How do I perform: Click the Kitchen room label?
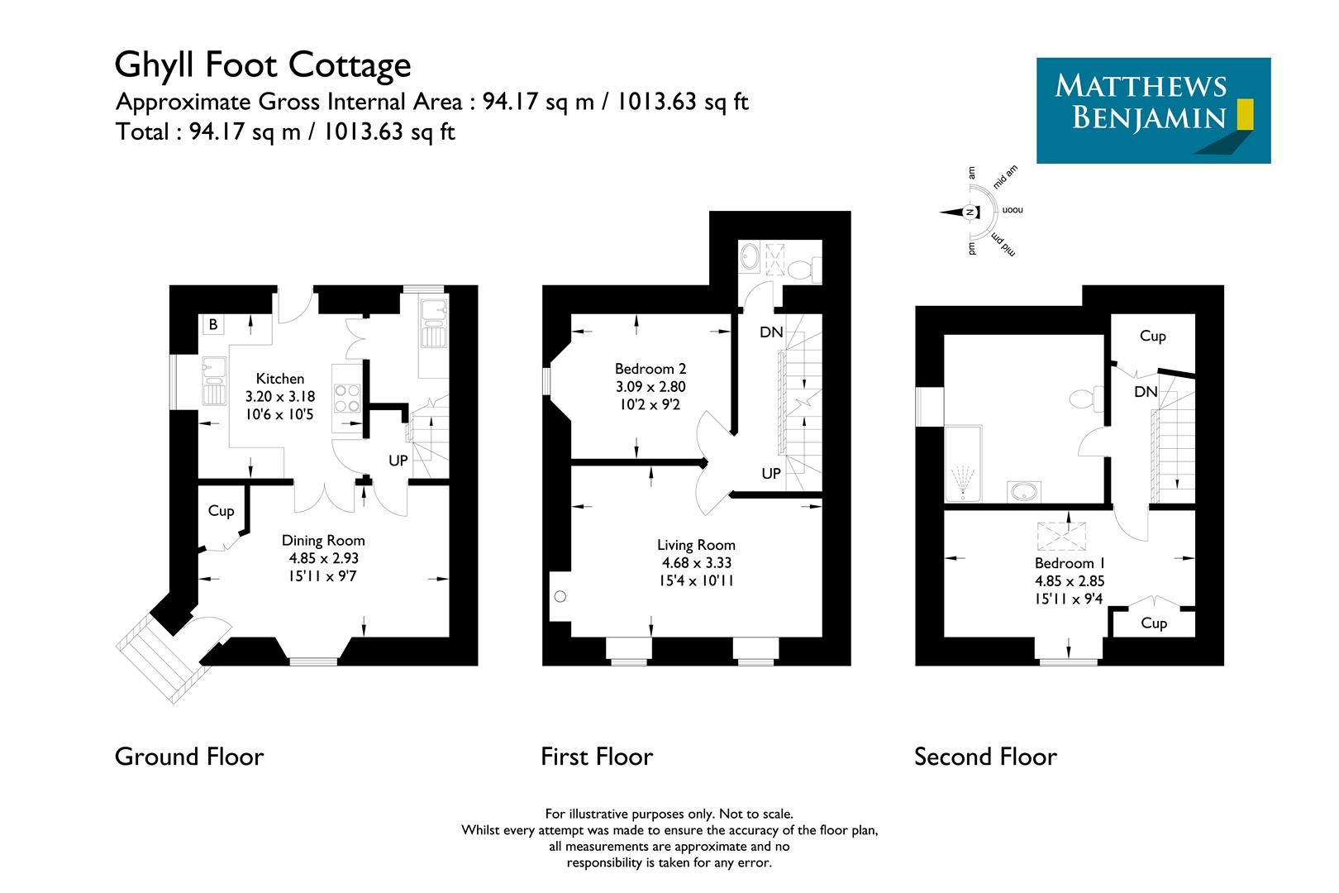[279, 379]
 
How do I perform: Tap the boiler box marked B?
[212, 325]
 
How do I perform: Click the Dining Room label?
[323, 541]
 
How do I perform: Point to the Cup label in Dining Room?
[221, 511]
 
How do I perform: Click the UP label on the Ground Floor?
[398, 461]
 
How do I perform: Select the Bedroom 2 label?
[650, 369]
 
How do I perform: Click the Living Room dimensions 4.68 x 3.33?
[696, 563]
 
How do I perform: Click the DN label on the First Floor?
[770, 332]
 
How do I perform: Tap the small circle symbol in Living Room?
[561, 595]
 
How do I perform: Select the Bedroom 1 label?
[1070, 563]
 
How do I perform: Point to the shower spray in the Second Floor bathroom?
[962, 482]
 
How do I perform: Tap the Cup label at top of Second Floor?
[1152, 336]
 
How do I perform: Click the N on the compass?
[970, 213]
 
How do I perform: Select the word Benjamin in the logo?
[1148, 117]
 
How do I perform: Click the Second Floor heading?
[985, 757]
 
